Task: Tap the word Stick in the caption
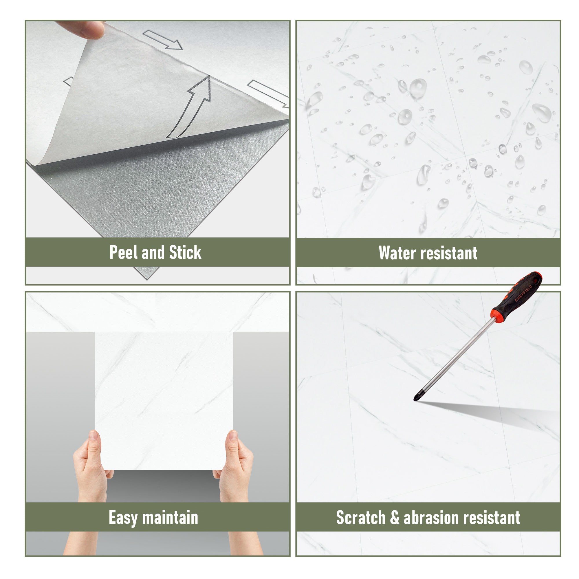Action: (185, 252)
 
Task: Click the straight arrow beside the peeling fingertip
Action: (162, 40)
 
